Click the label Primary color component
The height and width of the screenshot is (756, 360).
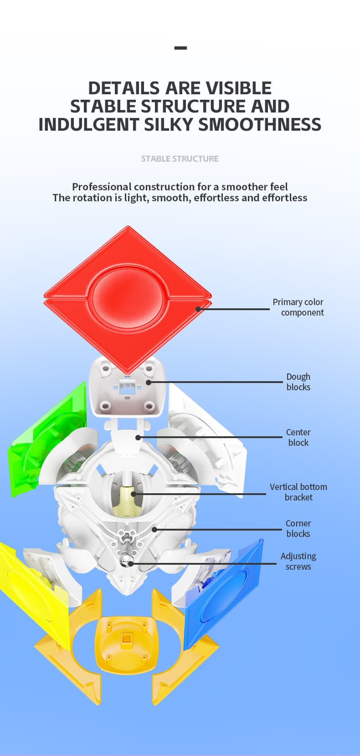point(298,307)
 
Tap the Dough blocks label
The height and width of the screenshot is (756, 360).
point(298,382)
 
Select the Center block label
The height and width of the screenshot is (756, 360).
point(298,437)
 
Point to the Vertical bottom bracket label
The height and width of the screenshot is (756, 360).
point(298,492)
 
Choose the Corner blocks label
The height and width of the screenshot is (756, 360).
point(298,528)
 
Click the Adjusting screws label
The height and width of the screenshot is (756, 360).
point(298,561)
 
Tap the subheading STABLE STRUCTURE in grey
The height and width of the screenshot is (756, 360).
point(180,158)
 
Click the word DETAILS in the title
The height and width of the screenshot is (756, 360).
point(123,88)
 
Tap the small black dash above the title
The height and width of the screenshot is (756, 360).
point(180,48)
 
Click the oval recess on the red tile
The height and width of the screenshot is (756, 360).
point(128,296)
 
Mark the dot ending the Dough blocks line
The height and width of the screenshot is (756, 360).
point(149,382)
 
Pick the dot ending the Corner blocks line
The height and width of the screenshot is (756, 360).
point(154,530)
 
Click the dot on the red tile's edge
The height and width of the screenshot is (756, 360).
point(198,309)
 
